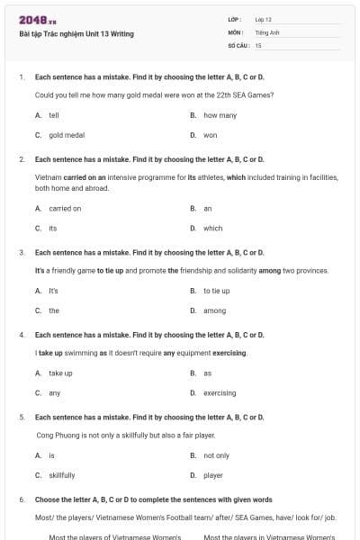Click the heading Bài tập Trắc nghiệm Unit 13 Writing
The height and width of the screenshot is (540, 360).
coord(76,34)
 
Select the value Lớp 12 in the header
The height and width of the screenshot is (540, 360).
coord(263,19)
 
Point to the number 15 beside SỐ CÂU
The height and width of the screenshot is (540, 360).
coord(258,44)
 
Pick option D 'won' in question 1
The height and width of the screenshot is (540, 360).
coord(210,135)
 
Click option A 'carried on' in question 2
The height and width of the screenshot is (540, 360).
coord(65,208)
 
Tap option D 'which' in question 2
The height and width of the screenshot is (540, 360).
coord(212,228)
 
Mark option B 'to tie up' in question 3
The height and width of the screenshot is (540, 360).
coord(216,291)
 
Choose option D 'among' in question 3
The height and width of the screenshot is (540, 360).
coord(214,310)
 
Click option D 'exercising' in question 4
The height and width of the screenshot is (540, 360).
coord(220,392)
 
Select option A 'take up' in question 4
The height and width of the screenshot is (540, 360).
coord(60,373)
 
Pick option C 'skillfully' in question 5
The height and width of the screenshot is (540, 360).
coord(62,474)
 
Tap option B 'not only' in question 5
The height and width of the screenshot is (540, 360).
coord(216,454)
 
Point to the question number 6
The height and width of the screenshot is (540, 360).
coord(21,499)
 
